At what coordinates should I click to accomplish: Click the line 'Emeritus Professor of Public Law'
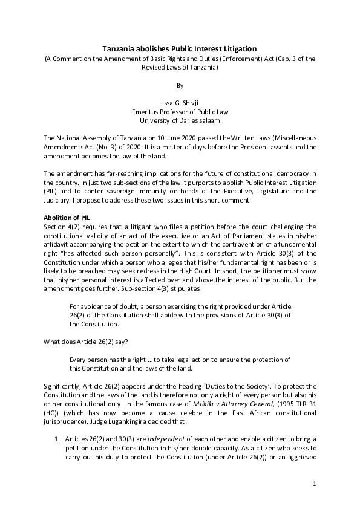click(x=180, y=112)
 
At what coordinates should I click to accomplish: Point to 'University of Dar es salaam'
click(x=180, y=120)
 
